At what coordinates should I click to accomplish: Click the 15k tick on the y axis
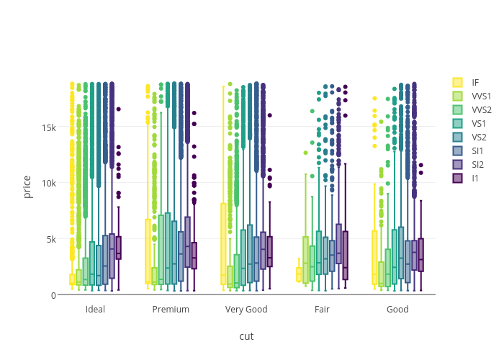coord(49,127)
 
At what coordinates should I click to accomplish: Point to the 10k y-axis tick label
coord(49,183)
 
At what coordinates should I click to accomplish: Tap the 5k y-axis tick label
coord(51,239)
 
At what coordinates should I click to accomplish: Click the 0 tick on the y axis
coord(54,295)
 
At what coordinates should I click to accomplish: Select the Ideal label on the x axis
coord(95,310)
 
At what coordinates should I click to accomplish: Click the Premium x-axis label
coord(171,310)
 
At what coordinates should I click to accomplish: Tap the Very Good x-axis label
coord(246,310)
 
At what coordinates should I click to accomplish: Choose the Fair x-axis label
coord(322,310)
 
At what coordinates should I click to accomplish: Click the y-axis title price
coord(27,186)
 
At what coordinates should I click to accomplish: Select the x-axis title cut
coord(246,336)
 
